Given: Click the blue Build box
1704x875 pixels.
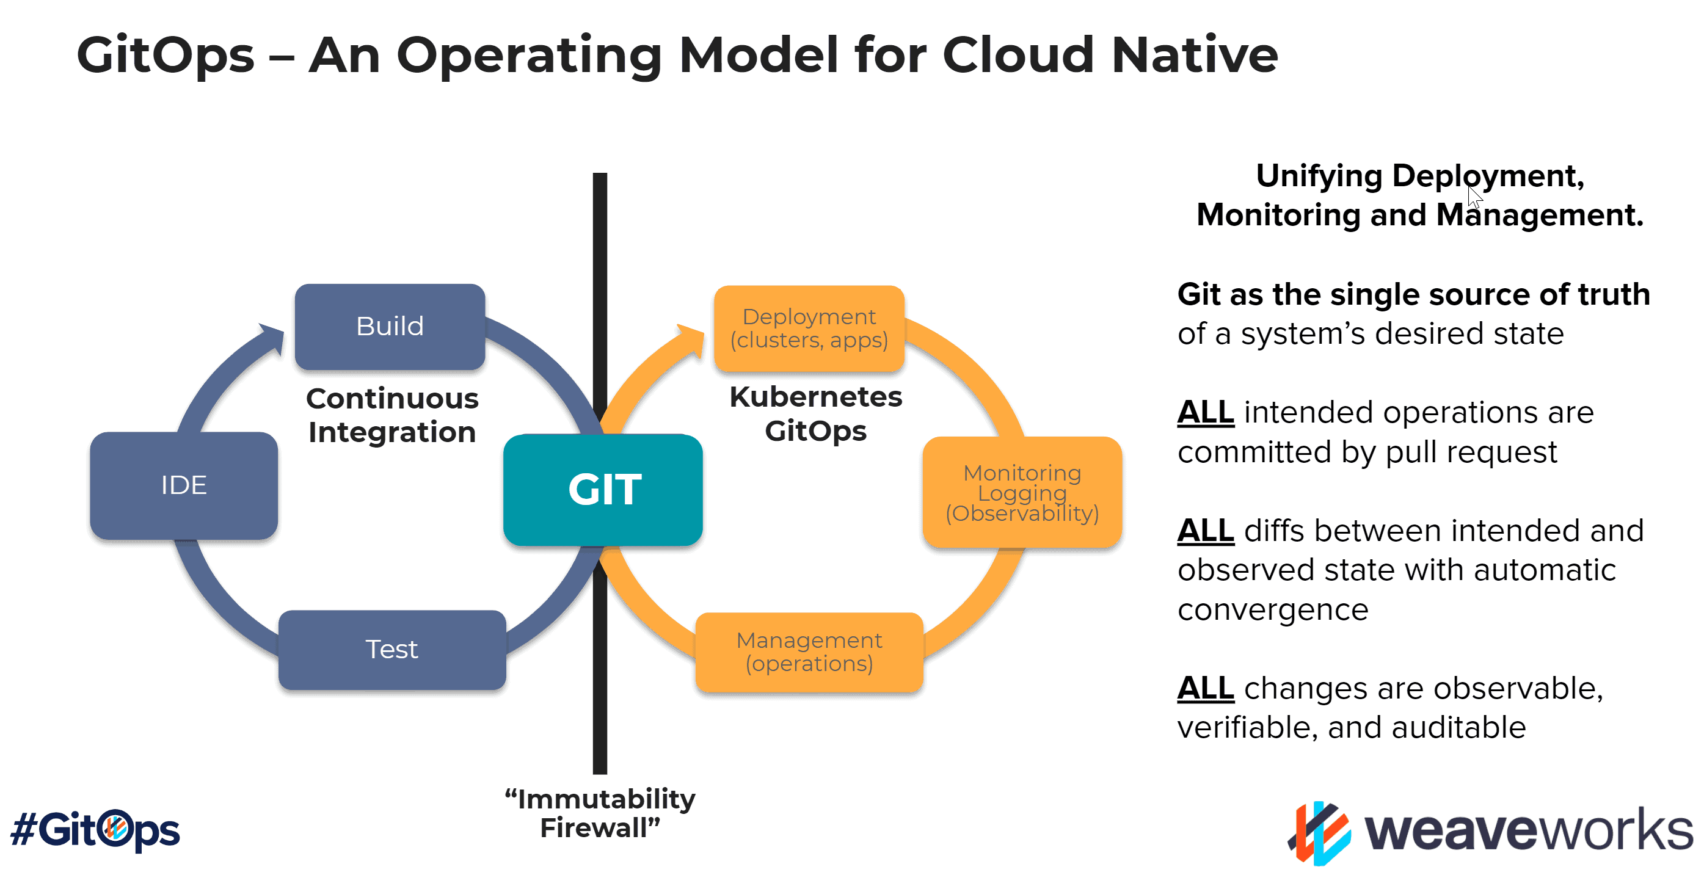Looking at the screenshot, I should pyautogui.click(x=390, y=327).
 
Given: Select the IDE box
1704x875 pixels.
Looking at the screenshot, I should pyautogui.click(x=184, y=485).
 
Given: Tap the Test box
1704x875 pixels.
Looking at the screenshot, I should pyautogui.click(x=391, y=650).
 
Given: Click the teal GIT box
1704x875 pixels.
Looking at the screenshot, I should pyautogui.click(x=603, y=490).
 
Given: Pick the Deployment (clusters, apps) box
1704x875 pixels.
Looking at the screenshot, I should pyautogui.click(x=809, y=329).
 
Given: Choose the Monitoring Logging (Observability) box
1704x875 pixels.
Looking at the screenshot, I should pyautogui.click(x=1021, y=493).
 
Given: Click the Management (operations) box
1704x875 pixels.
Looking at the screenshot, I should pyautogui.click(x=809, y=652).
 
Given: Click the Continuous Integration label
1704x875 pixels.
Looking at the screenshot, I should pyautogui.click(x=391, y=415).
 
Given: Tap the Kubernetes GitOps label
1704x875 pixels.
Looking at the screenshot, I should pyautogui.click(x=815, y=414).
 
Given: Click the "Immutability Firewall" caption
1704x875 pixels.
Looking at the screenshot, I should pyautogui.click(x=599, y=813).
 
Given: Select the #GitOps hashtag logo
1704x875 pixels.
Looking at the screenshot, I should pyautogui.click(x=95, y=829).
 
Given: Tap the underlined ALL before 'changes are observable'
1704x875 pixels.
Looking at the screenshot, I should pyautogui.click(x=1204, y=689).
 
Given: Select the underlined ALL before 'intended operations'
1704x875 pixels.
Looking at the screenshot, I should pyautogui.click(x=1204, y=413).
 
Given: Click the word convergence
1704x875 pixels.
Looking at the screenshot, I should pyautogui.click(x=1272, y=610).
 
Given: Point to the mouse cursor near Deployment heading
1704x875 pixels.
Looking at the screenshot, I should pyautogui.click(x=1474, y=197).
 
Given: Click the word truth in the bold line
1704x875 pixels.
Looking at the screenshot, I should pyautogui.click(x=1614, y=295).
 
